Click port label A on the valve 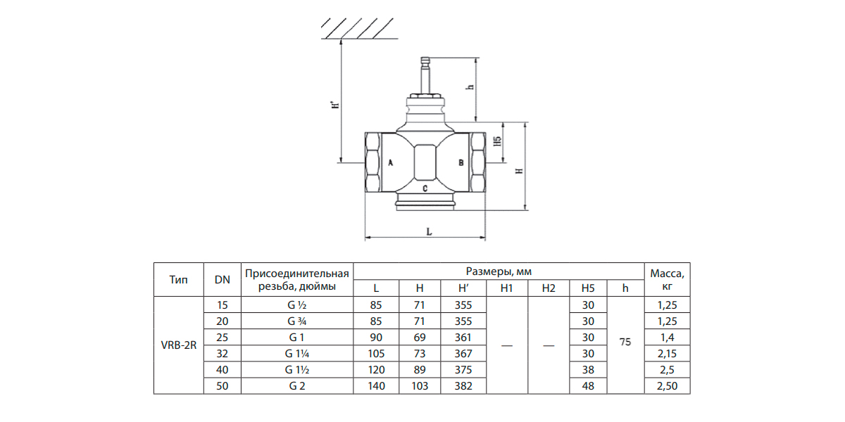click(389, 162)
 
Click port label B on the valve click(460, 162)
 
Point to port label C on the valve click(425, 189)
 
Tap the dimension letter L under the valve click(429, 230)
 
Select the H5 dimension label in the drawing click(498, 143)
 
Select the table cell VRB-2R click(178, 345)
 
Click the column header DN click(222, 279)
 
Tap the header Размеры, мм click(499, 271)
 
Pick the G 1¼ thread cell click(296, 352)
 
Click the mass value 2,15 click(667, 352)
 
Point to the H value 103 click(420, 385)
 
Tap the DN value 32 click(222, 352)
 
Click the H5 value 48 click(588, 385)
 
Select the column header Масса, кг click(667, 279)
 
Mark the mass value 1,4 click(667, 337)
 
